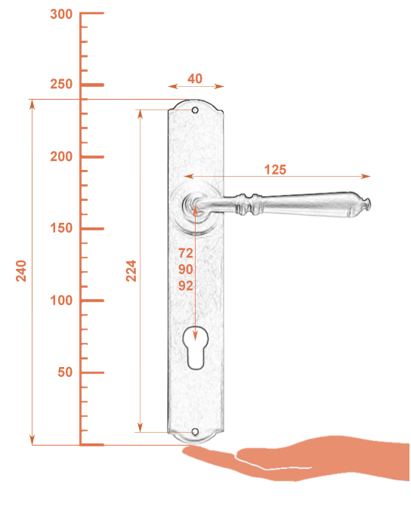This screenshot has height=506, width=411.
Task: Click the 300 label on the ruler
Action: (61, 14)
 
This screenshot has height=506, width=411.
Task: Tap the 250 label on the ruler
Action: (61, 85)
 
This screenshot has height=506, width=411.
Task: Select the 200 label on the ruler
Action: (61, 156)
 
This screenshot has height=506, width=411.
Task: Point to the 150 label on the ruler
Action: (61, 228)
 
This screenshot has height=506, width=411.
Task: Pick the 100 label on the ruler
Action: (61, 301)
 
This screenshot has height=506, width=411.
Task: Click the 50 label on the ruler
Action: (65, 372)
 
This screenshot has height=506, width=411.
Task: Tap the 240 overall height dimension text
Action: (21, 271)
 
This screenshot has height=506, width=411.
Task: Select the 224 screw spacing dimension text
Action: (131, 271)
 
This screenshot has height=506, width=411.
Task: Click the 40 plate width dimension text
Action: (195, 79)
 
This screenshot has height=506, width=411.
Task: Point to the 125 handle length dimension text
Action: (275, 170)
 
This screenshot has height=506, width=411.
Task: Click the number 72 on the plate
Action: (186, 253)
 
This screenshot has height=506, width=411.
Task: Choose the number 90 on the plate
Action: (186, 270)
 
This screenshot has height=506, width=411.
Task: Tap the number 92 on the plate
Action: (186, 285)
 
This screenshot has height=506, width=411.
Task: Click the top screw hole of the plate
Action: (195, 110)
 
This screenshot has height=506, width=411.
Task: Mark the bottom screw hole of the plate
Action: (195, 432)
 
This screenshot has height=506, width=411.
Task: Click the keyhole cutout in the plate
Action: (196, 348)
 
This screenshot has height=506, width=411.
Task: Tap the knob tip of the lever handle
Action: (366, 204)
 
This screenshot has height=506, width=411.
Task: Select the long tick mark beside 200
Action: (92, 157)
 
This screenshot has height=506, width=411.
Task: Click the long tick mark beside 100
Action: (92, 301)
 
